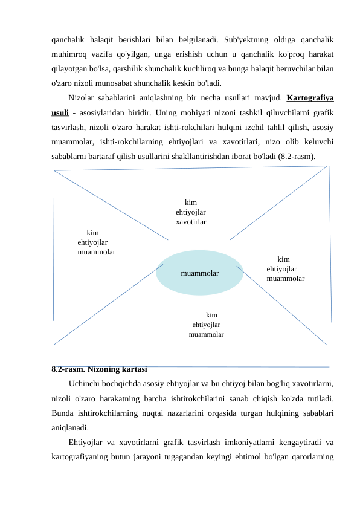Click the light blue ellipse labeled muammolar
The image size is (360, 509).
199,273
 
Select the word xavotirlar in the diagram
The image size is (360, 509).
191,222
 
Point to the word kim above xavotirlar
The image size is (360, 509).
191,203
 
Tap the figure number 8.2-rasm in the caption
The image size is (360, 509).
67,369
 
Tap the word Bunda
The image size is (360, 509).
63,412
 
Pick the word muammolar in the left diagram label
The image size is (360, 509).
97,252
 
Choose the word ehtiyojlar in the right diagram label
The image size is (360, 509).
281,269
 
